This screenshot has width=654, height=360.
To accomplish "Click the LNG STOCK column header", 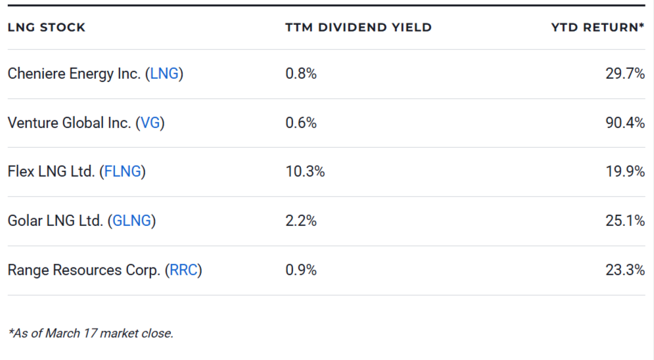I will (47, 28).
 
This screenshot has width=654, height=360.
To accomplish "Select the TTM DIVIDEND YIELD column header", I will (358, 28).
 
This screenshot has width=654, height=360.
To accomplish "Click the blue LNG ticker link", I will (164, 74).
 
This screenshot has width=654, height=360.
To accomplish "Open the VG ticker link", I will (151, 123).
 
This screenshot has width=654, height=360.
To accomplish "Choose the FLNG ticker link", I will (122, 172).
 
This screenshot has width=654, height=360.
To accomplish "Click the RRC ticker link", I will (183, 270).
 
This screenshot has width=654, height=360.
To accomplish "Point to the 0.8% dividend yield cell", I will (300, 74).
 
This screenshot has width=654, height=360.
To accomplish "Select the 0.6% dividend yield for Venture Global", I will (300, 123).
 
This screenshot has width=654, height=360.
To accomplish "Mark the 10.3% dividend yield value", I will (304, 172).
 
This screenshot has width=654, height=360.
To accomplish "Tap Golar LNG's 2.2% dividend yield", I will (300, 221).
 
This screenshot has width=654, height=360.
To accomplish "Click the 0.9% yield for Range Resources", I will (300, 270).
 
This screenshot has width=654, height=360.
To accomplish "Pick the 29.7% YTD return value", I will (624, 74).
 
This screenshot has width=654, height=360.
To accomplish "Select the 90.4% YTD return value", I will (624, 123).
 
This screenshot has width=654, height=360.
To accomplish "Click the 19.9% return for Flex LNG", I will (624, 172).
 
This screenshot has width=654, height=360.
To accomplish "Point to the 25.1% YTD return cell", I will (624, 221).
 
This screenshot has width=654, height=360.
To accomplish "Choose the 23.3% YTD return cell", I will (624, 270).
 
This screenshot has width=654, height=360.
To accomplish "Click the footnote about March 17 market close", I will (91, 333).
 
